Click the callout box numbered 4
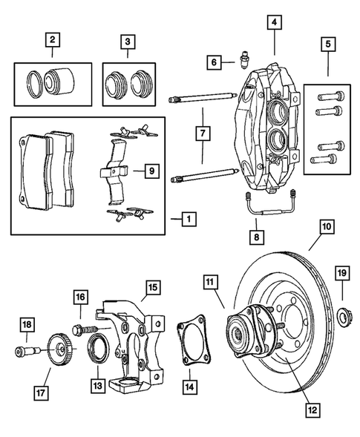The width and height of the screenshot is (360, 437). pos(275,23)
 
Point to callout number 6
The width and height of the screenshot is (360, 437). pos(213,62)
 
